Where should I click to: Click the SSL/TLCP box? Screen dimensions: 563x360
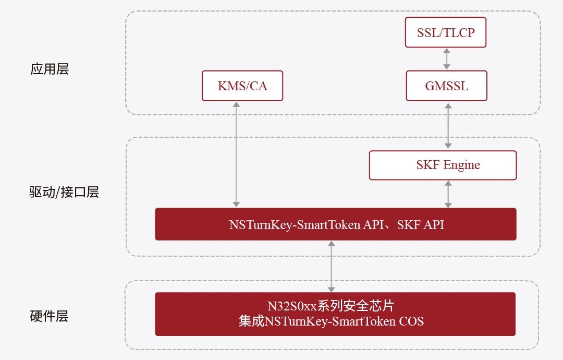pyautogui.click(x=445, y=32)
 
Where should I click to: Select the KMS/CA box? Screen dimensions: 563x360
pyautogui.click(x=242, y=86)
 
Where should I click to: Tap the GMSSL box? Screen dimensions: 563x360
pyautogui.click(x=446, y=86)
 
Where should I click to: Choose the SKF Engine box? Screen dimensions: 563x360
pyautogui.click(x=443, y=165)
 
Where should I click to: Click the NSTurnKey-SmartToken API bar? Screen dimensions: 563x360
pyautogui.click(x=336, y=224)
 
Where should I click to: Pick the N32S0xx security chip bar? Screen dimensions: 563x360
pyautogui.click(x=335, y=314)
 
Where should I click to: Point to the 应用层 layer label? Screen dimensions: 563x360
pyautogui.click(x=49, y=69)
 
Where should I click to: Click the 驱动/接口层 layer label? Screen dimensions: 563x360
pyautogui.click(x=64, y=192)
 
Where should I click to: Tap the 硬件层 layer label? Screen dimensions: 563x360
pyautogui.click(x=49, y=316)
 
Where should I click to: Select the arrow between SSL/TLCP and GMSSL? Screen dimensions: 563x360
pyautogui.click(x=446, y=59)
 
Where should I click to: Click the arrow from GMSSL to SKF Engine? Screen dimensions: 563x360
pyautogui.click(x=448, y=126)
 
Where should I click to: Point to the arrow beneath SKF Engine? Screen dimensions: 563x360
pyautogui.click(x=448, y=194)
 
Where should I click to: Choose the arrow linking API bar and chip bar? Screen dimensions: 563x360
pyautogui.click(x=332, y=267)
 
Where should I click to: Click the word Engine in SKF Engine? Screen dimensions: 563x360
pyautogui.click(x=461, y=165)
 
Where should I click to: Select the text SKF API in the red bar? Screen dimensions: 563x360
pyautogui.click(x=421, y=224)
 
